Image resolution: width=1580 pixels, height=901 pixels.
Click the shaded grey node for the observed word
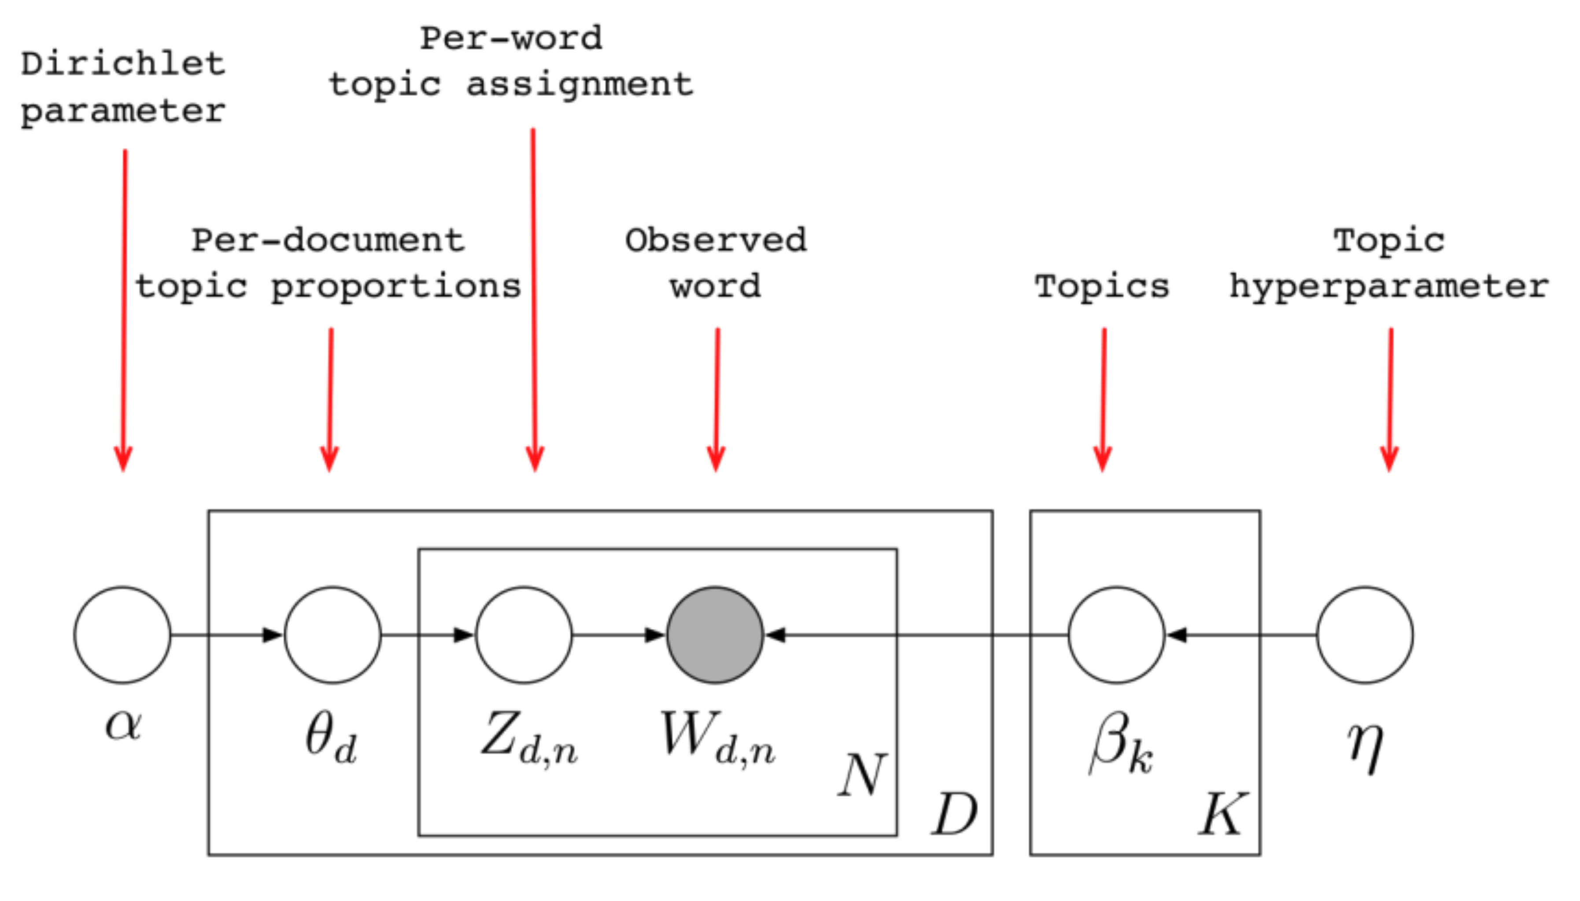click(x=715, y=635)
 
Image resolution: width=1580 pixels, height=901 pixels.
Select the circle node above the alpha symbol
click(x=122, y=635)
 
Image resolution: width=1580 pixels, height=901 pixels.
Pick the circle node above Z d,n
click(x=524, y=635)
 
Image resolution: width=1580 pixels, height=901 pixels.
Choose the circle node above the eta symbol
click(x=1365, y=635)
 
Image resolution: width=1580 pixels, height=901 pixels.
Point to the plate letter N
click(x=862, y=774)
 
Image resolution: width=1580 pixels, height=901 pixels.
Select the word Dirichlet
click(x=123, y=64)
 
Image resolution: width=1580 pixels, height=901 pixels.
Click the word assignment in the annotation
click(x=580, y=85)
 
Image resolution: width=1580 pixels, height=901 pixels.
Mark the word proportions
click(x=396, y=287)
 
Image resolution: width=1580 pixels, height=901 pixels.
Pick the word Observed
click(x=716, y=240)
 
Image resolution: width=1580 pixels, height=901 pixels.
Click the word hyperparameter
click(x=1389, y=287)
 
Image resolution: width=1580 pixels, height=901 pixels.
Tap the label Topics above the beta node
click(x=1102, y=287)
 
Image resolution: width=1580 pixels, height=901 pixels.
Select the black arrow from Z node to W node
click(x=619, y=635)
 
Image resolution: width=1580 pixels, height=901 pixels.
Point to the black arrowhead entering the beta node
click(x=1175, y=635)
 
